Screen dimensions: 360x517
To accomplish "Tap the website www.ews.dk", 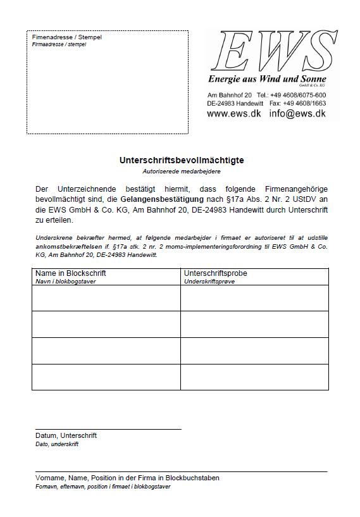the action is point(233,113).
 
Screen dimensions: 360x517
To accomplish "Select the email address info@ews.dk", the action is point(297,113).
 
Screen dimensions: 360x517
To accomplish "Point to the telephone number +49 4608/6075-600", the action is point(298,95).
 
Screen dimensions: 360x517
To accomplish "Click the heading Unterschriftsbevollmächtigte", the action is point(182,160).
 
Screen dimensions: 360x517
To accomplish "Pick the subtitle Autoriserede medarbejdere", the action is point(181,171).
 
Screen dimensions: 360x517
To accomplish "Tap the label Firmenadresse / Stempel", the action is point(66,37).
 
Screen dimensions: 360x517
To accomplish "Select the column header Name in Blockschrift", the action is point(70,273).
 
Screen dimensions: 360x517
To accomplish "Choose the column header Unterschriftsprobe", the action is point(215,273).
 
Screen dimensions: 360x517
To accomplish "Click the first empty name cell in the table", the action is point(106,298).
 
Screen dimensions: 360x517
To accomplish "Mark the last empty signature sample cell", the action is point(254,377).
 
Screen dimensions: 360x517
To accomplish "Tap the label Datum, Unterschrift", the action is point(66,435).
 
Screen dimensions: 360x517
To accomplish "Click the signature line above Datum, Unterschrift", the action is point(108,429).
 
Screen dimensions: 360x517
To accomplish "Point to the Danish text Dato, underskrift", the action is point(57,444).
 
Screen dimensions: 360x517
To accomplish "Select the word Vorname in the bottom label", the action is point(49,478).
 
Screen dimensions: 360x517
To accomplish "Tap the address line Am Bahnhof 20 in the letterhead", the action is point(230,95).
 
